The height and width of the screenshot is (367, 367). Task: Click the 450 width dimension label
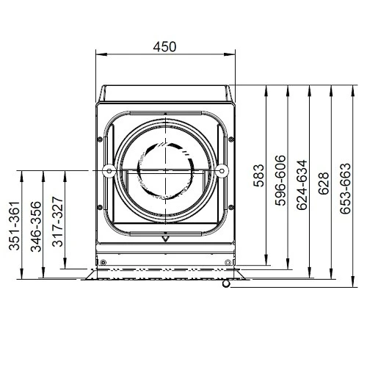click(x=164, y=47)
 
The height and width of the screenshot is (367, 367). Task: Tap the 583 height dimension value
click(x=259, y=175)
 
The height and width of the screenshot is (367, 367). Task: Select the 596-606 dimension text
click(x=280, y=180)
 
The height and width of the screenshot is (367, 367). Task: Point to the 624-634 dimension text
click(x=302, y=185)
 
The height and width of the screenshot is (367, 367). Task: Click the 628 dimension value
click(x=324, y=183)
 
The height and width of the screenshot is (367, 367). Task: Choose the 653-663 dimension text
click(x=345, y=189)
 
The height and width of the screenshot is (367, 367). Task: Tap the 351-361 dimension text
click(x=14, y=226)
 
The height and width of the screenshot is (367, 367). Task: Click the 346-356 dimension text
click(x=36, y=227)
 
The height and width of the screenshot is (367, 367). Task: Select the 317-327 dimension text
click(x=58, y=222)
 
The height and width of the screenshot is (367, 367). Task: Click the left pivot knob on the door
click(x=109, y=171)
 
